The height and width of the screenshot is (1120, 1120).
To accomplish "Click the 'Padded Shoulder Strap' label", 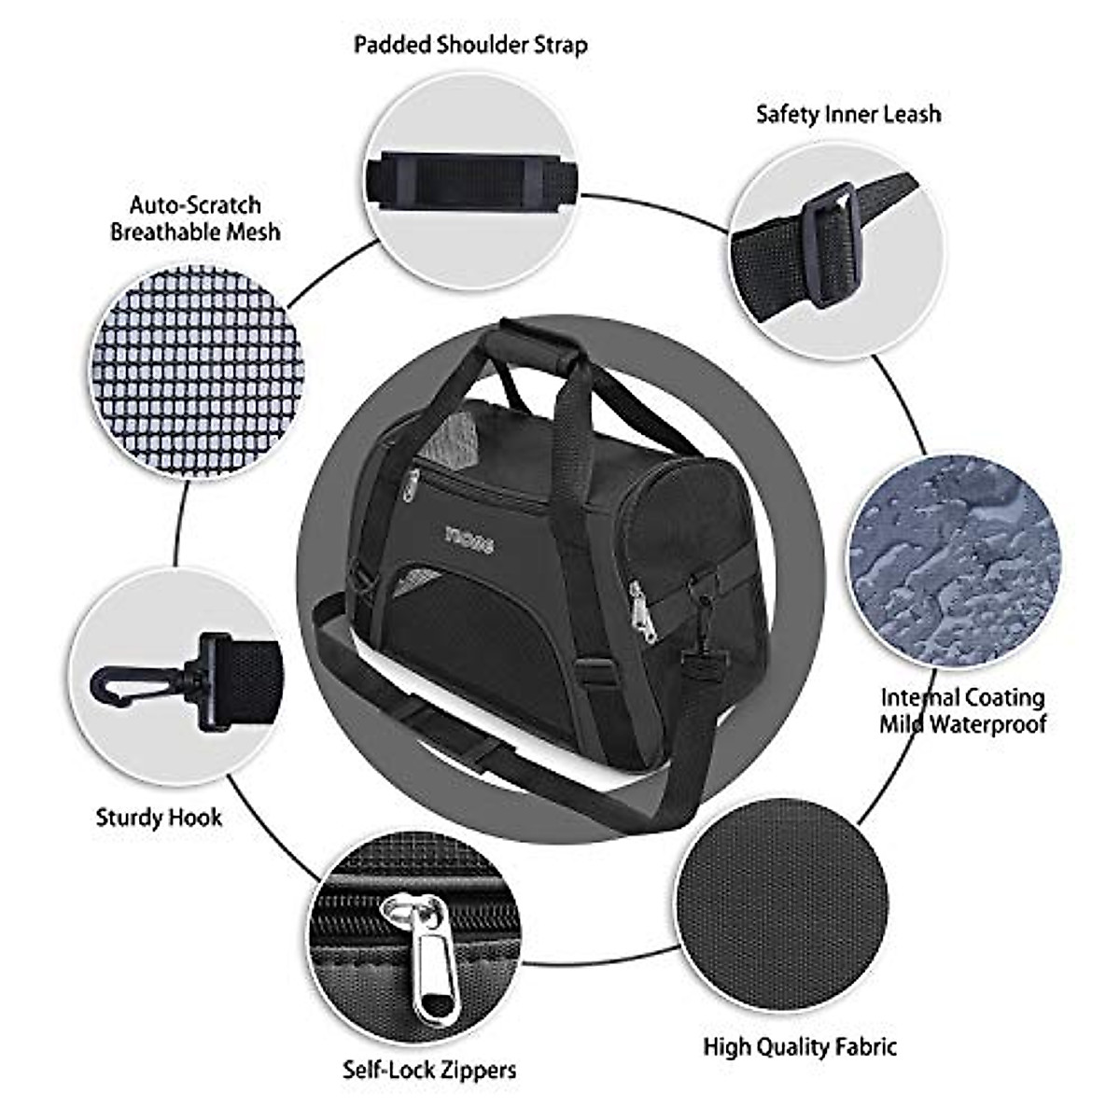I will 470,45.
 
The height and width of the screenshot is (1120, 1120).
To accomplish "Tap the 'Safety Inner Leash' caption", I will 848,115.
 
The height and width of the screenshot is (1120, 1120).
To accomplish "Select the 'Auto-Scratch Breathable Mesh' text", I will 195,218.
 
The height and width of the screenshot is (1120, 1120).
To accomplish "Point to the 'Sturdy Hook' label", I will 159,819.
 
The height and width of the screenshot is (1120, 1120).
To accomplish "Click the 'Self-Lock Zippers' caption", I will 429,1070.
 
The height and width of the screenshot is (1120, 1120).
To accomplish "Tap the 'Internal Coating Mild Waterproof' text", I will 963,710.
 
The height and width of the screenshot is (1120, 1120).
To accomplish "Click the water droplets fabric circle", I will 954,560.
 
